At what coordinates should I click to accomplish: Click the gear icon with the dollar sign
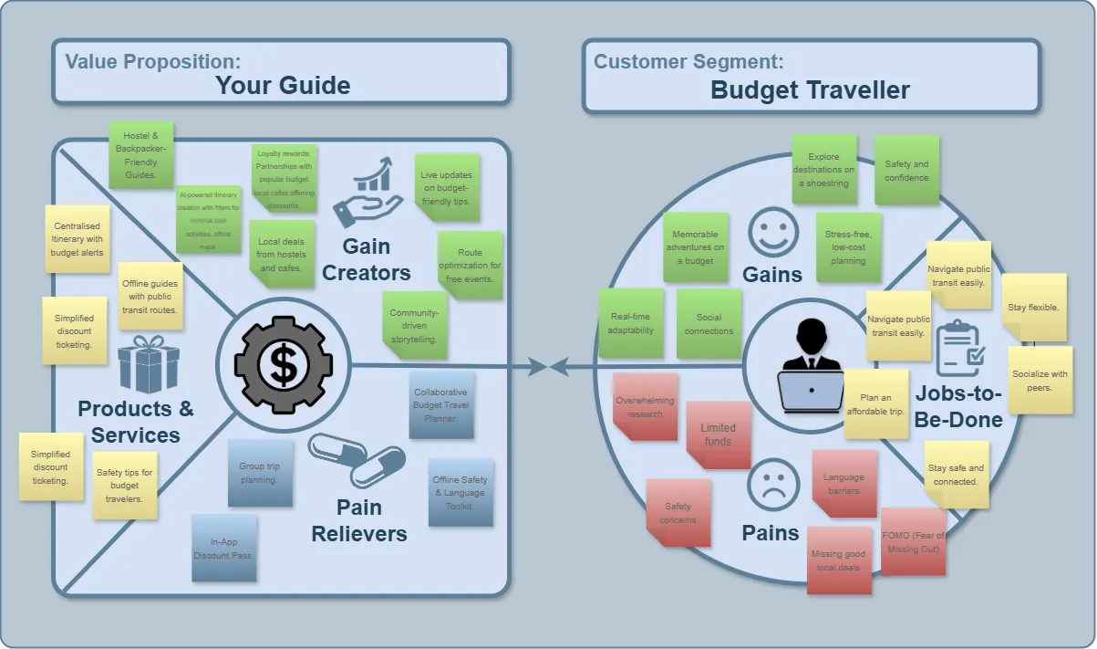[x=283, y=367]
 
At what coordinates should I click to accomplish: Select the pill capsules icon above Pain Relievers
[x=357, y=460]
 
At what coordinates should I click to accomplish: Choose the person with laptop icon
[x=811, y=365]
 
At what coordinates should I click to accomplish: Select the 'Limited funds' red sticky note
[x=718, y=434]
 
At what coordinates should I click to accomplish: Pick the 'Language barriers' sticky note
[x=843, y=484]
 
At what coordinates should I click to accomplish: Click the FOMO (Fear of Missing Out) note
[x=913, y=541]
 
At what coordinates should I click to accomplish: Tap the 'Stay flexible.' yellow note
[x=1033, y=308]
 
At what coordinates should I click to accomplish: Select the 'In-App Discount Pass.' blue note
[x=223, y=548]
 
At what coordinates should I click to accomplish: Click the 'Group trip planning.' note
[x=260, y=472]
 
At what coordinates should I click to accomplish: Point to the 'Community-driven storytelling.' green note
[x=414, y=326]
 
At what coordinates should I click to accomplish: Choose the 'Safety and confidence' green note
[x=906, y=171]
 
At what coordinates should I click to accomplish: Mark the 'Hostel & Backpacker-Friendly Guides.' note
[x=141, y=155]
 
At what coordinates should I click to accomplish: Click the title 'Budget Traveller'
[x=810, y=90]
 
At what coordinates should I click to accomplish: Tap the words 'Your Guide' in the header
[x=283, y=86]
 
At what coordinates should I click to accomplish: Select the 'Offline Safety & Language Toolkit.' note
[x=460, y=492]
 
